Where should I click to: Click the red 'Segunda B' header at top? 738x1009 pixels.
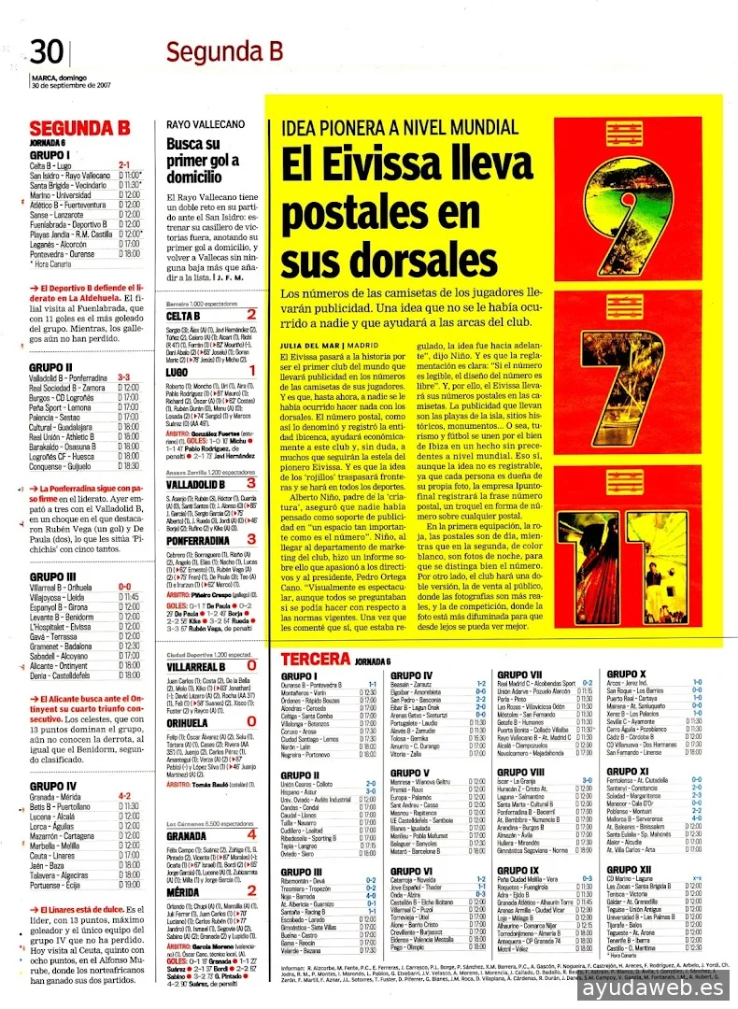[x=223, y=52]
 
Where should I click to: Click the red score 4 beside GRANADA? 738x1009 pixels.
[x=251, y=833]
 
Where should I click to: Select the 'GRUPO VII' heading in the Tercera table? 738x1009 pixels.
[x=519, y=701]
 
